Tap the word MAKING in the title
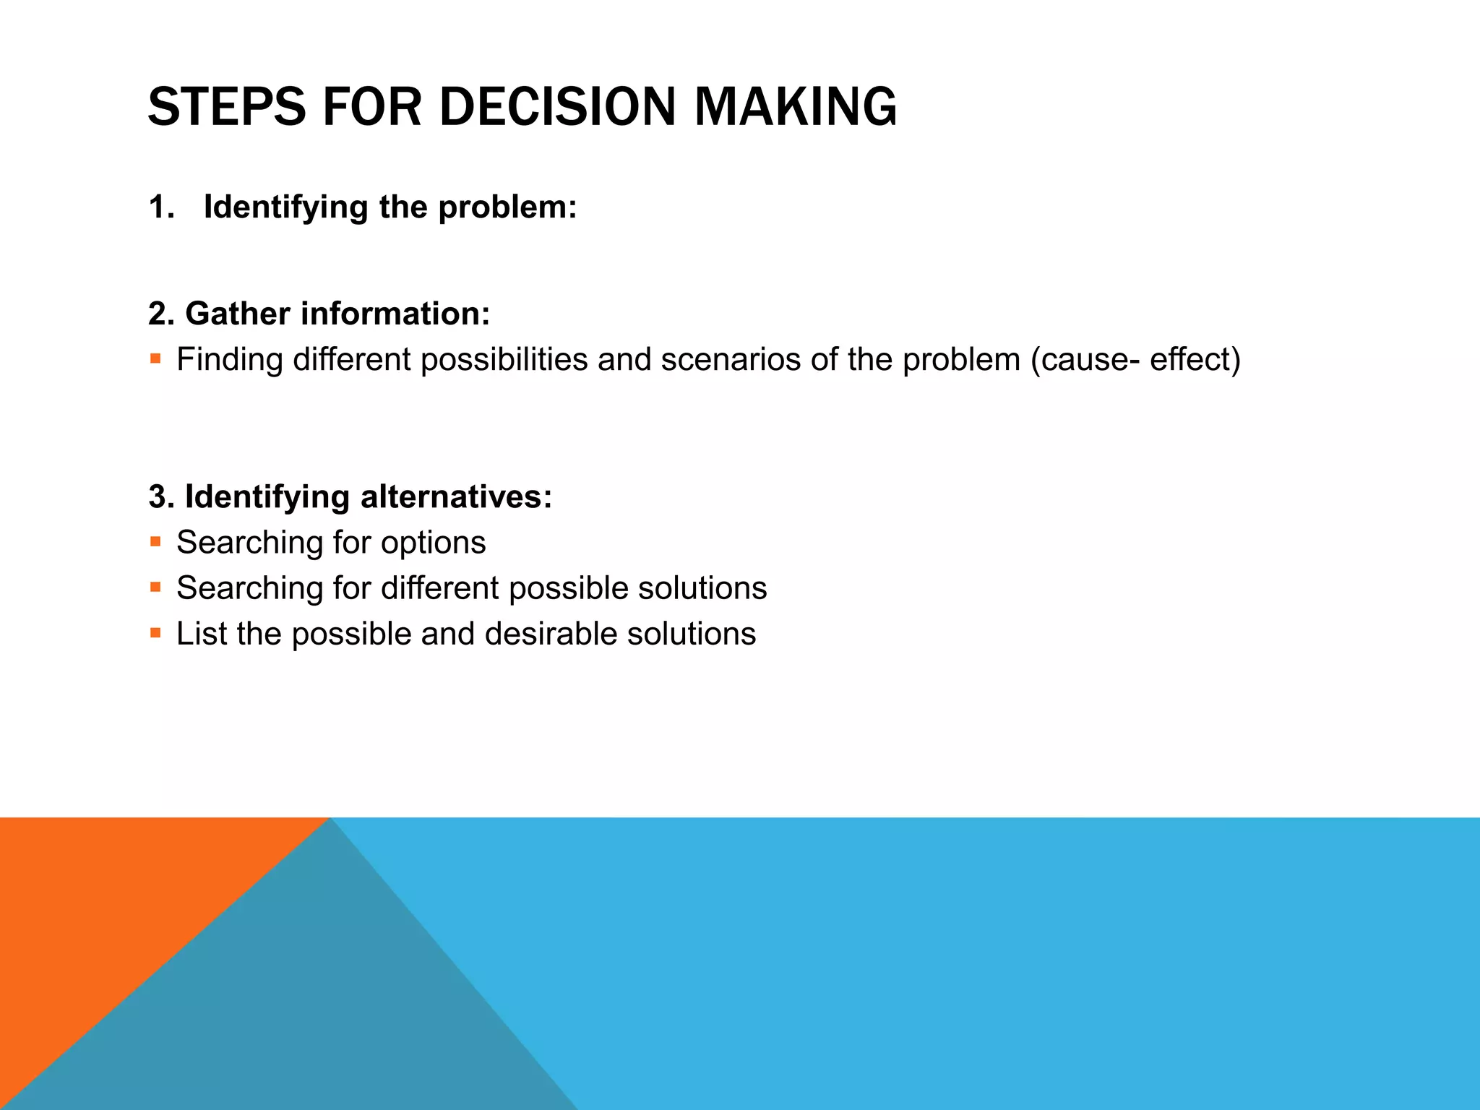(x=795, y=107)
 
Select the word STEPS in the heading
(x=227, y=107)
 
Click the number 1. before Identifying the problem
(x=161, y=207)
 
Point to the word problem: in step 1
(x=507, y=207)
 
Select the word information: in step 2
(x=395, y=314)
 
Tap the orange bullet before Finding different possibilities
(x=155, y=358)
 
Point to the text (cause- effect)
(x=1135, y=360)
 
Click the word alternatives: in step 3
(x=456, y=497)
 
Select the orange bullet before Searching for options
(x=155, y=541)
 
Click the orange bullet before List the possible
(x=155, y=633)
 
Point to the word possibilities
(x=504, y=360)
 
